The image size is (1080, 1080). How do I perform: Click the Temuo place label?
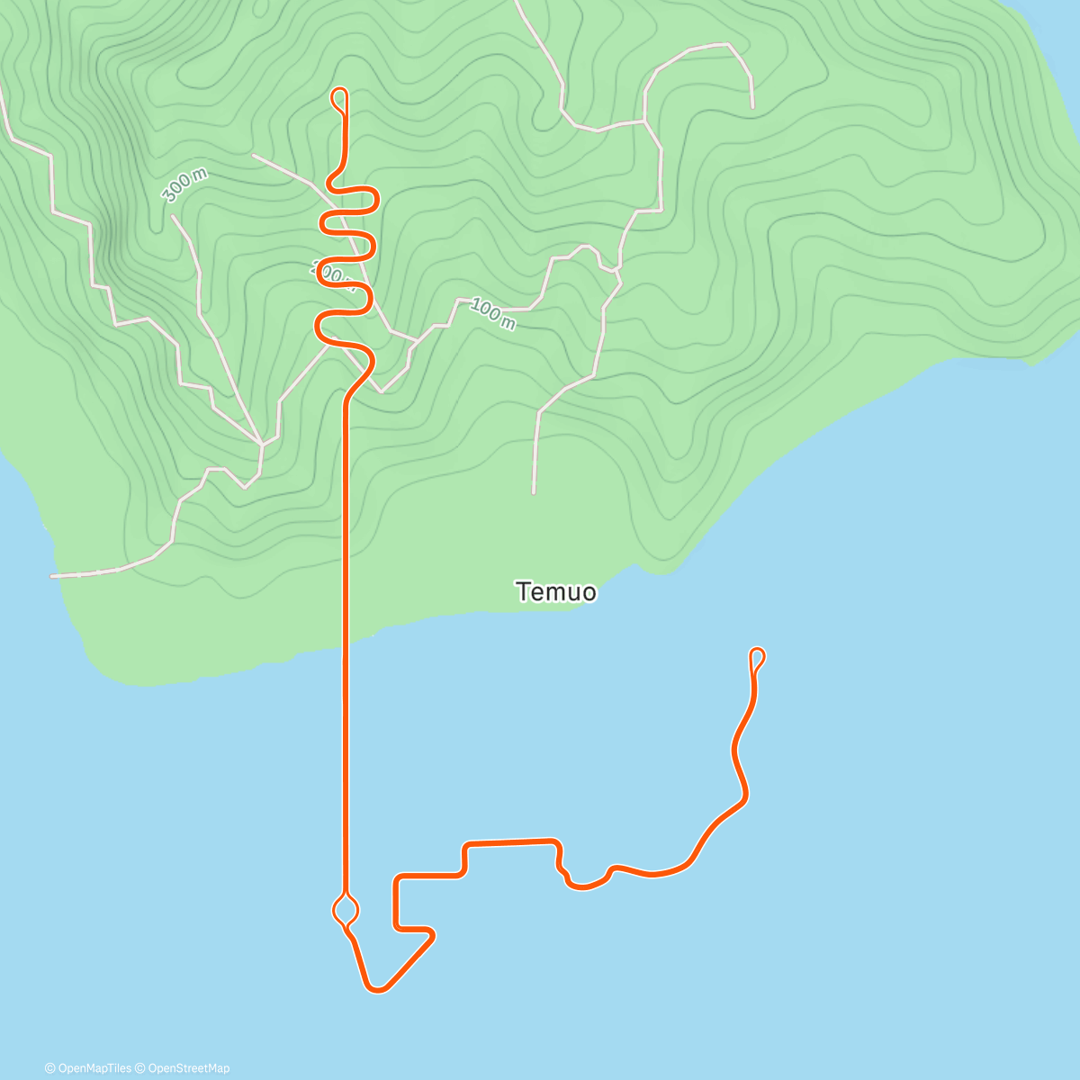(x=555, y=591)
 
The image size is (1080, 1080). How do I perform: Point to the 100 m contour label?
(x=492, y=315)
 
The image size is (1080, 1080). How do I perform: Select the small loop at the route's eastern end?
(x=757, y=657)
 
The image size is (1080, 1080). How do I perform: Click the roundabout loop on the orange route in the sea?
(x=346, y=910)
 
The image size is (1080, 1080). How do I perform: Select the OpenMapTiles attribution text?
(x=94, y=1068)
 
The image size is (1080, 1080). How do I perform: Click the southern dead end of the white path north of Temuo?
(x=534, y=492)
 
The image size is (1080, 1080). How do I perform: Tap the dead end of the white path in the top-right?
(x=752, y=107)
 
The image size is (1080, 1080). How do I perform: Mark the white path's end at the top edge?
(x=517, y=3)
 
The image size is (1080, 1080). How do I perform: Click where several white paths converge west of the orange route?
(x=261, y=444)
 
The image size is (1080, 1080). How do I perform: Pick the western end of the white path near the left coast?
(x=52, y=575)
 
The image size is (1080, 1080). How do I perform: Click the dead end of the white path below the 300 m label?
(x=172, y=216)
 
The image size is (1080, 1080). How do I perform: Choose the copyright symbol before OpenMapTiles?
(x=49, y=1068)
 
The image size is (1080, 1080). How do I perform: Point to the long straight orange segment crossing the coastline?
(x=345, y=630)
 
